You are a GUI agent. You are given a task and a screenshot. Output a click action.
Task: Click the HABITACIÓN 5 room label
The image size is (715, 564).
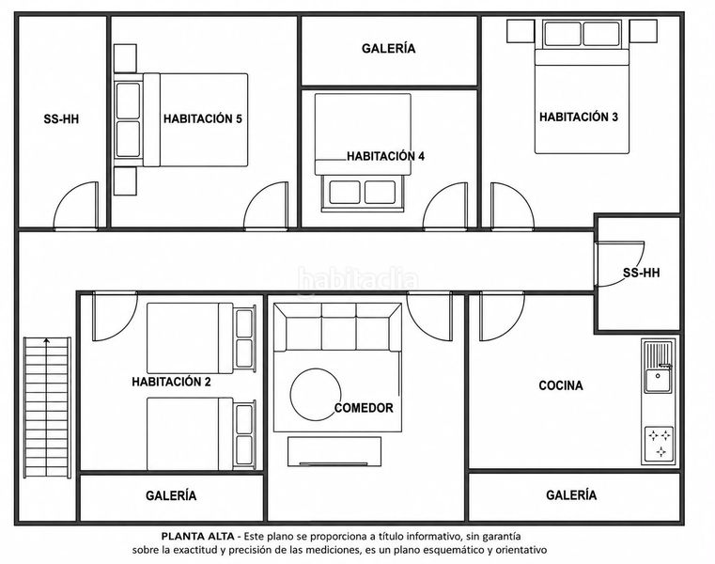coord(202,119)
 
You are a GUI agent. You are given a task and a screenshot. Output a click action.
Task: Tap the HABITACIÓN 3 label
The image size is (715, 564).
coord(579,117)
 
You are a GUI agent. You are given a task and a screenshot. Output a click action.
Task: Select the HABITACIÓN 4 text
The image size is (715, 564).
coord(386,156)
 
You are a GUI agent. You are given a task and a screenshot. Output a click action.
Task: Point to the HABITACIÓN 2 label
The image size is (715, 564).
coord(171,382)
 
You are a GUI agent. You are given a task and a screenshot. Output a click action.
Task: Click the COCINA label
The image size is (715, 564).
coord(561,385)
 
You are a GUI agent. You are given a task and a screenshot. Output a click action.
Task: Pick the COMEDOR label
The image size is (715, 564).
coord(364,407)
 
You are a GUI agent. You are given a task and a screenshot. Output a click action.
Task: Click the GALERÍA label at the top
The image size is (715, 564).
coord(389,48)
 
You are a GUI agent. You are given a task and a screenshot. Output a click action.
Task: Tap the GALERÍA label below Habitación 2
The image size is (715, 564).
coord(171,495)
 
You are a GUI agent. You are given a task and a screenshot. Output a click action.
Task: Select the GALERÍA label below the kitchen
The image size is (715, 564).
coord(571,495)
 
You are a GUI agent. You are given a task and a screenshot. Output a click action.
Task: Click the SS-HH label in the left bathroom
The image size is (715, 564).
coord(61,119)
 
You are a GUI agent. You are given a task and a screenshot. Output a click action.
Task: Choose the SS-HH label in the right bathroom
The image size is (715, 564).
coord(642,273)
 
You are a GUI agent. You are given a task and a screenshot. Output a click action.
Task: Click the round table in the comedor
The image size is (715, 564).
coord(316,394)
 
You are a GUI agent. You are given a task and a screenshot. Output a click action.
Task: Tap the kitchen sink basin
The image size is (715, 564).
coord(658,381)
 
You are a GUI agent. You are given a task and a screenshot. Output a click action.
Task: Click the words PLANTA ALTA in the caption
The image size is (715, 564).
coord(198,536)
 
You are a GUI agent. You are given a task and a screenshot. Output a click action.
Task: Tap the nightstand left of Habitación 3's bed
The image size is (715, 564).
coord(521,31)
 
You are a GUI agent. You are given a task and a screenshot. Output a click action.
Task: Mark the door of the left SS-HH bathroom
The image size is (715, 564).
coord(76,205)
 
